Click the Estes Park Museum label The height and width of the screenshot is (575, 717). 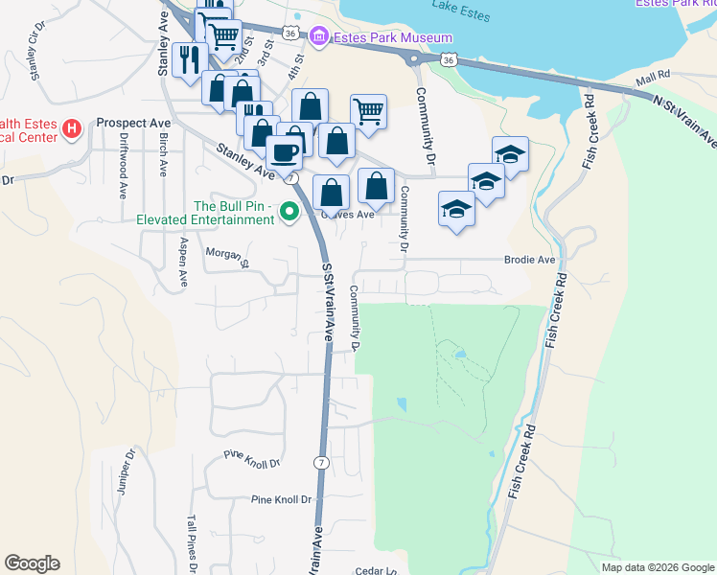tap(393, 37)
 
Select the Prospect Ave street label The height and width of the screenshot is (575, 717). tap(133, 124)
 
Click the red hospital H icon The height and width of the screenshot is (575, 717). tap(71, 127)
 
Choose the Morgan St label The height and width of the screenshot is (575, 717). tap(227, 255)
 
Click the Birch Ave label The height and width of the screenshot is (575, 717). tap(163, 151)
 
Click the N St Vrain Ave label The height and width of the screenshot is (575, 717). tap(683, 120)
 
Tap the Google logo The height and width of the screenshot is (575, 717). tap(32, 563)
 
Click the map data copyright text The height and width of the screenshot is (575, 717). tap(658, 567)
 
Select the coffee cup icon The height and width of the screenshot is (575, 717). tap(283, 151)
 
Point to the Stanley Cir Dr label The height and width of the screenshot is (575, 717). tap(38, 54)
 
